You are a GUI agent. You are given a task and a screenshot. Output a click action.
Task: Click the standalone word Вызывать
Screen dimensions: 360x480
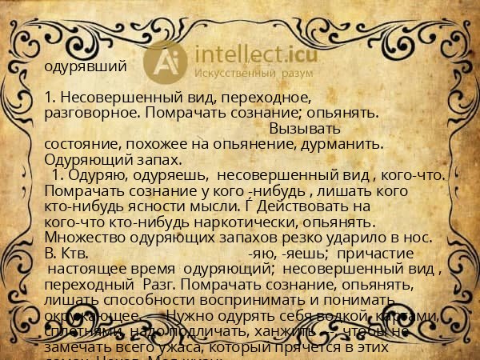click(305, 128)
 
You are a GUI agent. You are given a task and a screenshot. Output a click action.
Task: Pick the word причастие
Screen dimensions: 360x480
click(387, 252)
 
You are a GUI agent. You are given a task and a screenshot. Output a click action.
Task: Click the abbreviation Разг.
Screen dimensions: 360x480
click(157, 283)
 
